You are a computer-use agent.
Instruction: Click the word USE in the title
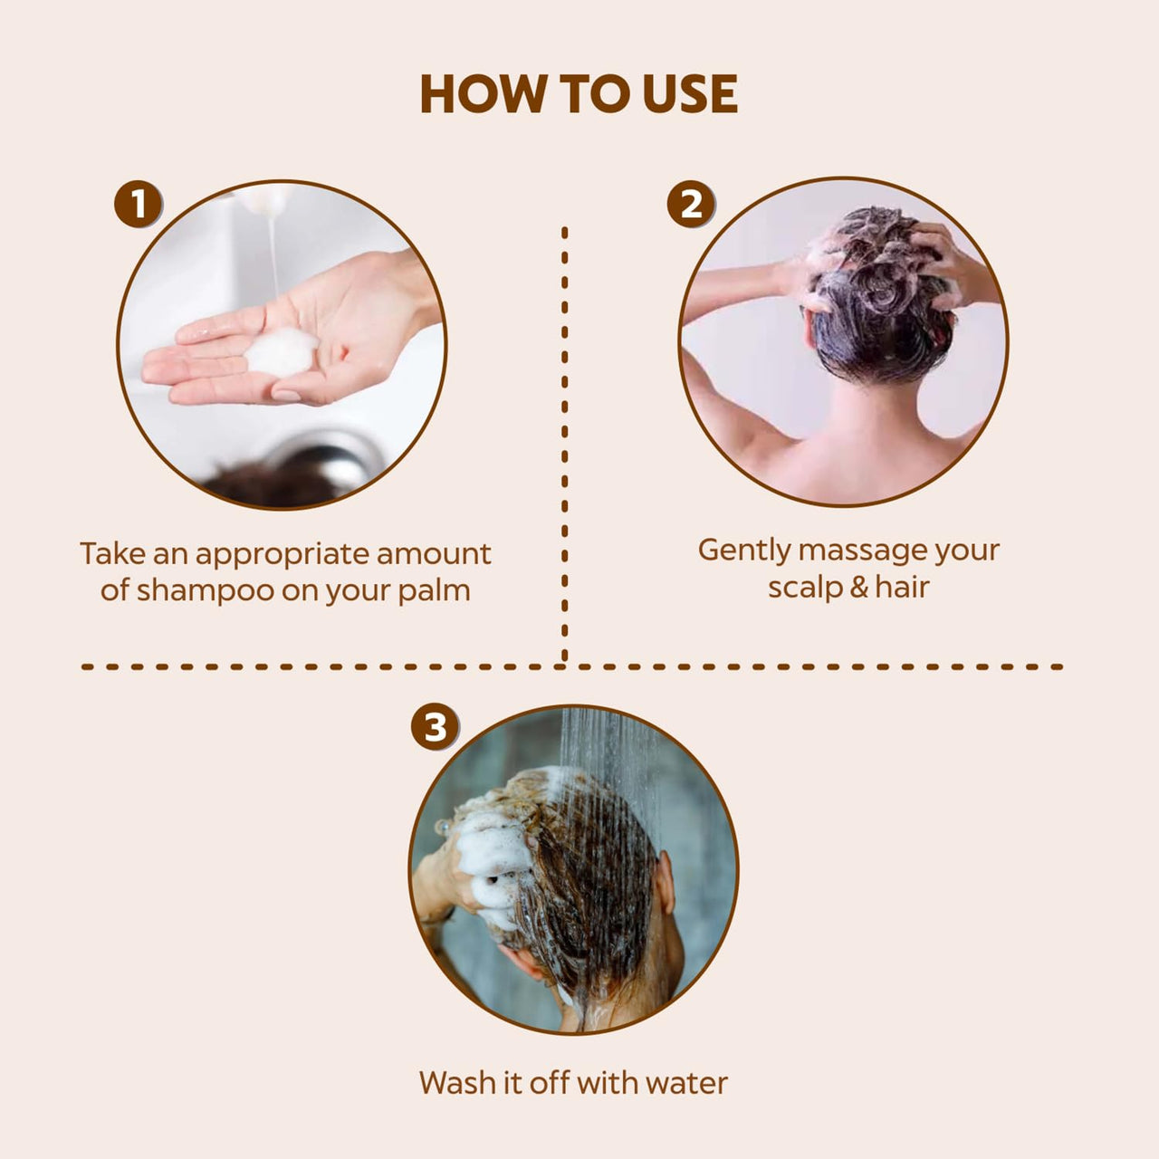(690, 94)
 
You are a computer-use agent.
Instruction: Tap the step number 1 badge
(139, 204)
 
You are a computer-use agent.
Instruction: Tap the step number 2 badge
(691, 204)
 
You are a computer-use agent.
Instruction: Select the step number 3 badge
(435, 727)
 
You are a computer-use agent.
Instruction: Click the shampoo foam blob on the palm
(282, 352)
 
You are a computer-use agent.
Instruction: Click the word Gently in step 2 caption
(744, 551)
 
